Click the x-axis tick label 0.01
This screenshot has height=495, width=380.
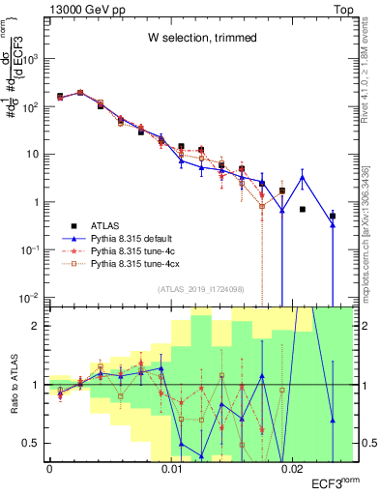171,469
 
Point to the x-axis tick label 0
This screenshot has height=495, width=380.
49,469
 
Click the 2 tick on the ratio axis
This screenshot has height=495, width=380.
38,326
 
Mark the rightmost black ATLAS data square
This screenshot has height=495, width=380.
332,217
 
